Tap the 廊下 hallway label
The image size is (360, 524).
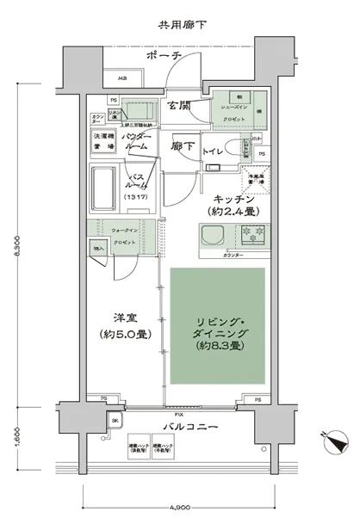181,146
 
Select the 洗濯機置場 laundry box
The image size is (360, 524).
103,141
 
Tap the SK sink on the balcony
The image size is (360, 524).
115,421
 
